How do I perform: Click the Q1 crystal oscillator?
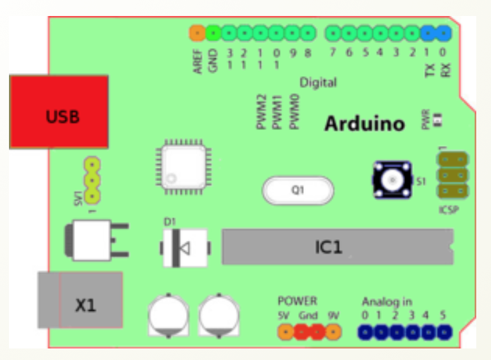click(298, 190)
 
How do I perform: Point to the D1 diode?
click(185, 248)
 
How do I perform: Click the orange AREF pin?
click(197, 32)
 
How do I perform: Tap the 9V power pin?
click(333, 332)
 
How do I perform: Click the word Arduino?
click(364, 123)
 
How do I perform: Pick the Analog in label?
click(387, 301)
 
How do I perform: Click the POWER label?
click(297, 300)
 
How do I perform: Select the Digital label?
click(318, 83)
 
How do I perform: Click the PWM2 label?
click(262, 113)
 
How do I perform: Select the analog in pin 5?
click(444, 332)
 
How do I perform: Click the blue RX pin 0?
click(444, 32)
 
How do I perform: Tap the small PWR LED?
click(439, 120)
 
